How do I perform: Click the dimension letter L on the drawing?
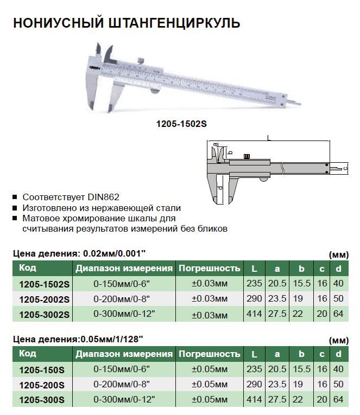(x=269, y=138)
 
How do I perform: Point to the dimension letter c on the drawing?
(x=345, y=169)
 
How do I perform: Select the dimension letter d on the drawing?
(x=219, y=187)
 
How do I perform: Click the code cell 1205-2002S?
(x=44, y=299)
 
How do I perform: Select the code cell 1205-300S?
(x=42, y=400)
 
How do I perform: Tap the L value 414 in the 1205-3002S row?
(x=254, y=314)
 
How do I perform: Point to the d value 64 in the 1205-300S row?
(x=338, y=399)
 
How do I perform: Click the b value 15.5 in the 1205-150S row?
(x=300, y=369)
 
